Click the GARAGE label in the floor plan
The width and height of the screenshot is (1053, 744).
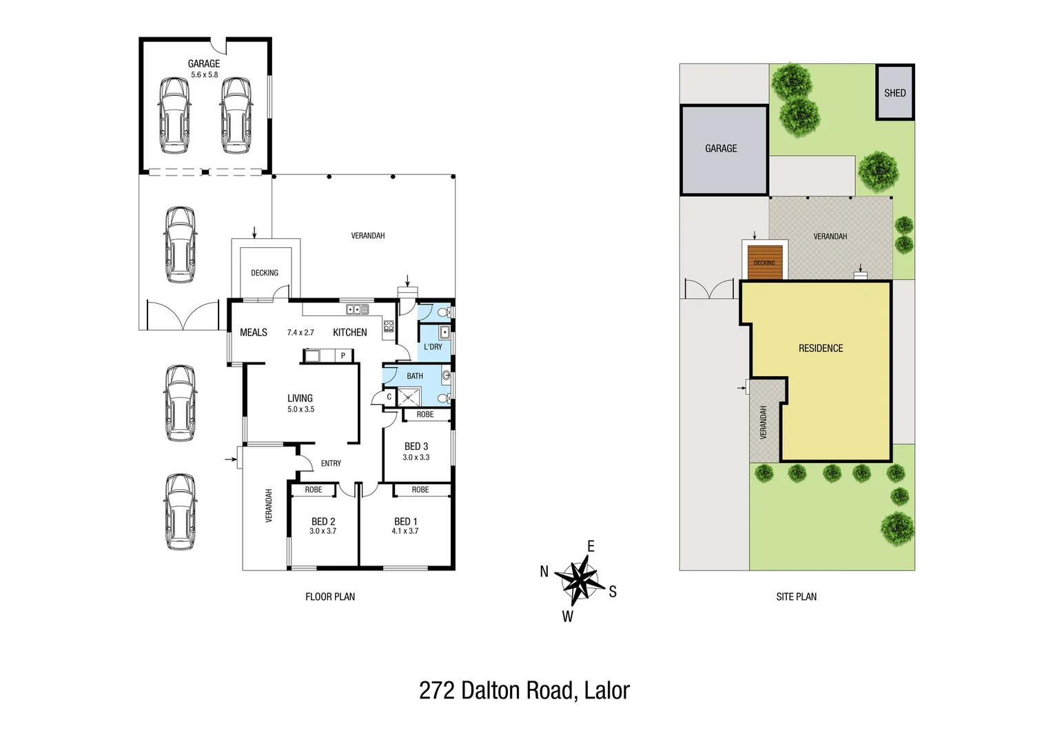204,64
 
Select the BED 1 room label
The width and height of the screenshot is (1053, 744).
405,521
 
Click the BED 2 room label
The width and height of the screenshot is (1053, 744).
323,521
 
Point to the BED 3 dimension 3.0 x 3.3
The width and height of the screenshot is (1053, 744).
416,457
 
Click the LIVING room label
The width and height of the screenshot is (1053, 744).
300,398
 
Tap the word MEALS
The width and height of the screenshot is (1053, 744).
254,333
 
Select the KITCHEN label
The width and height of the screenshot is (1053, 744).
350,333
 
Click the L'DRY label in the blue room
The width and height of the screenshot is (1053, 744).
433,347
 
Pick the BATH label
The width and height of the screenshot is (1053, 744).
415,376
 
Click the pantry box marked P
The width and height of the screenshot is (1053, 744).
343,355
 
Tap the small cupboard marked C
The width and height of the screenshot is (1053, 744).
389,397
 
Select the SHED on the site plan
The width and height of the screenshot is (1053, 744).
895,93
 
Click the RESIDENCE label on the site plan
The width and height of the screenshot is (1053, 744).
821,349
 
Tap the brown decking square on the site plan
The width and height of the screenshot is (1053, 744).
765,262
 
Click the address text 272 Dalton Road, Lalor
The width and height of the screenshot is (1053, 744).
524,690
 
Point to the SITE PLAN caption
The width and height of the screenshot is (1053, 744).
796,597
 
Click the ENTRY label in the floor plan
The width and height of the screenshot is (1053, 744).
331,464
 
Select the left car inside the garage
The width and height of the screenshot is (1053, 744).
174,115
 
